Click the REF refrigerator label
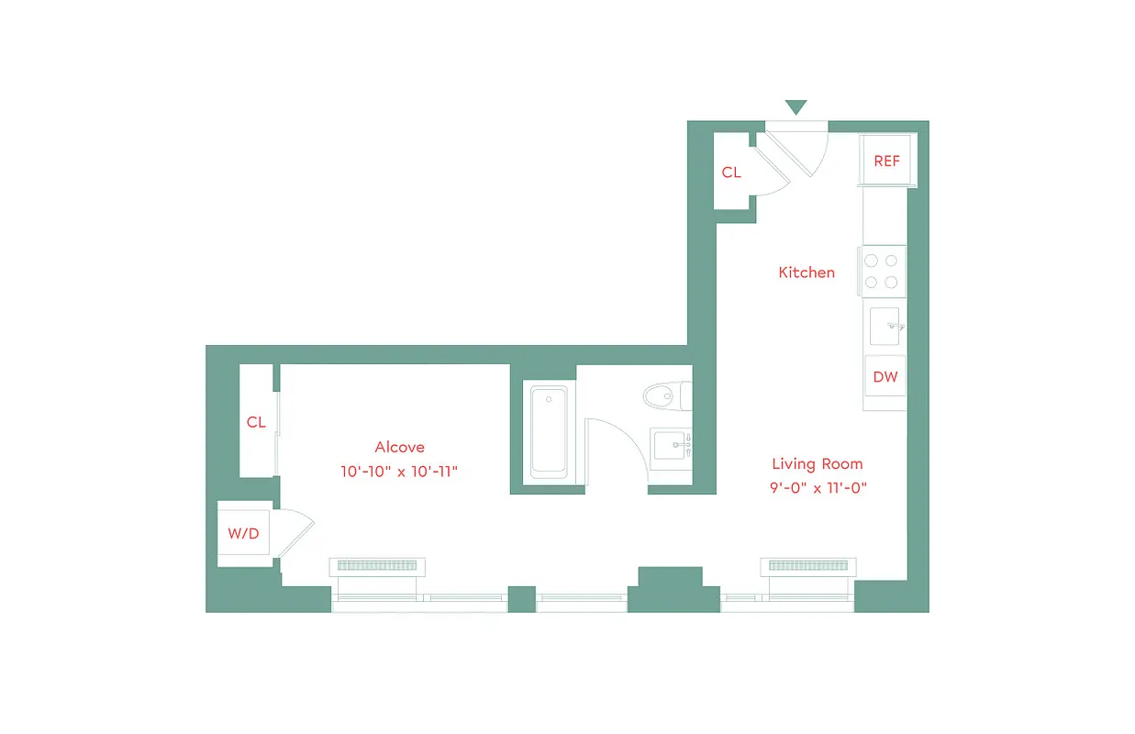tap(886, 161)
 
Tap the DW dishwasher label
tap(885, 377)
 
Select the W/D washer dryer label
tap(243, 534)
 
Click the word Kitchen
tap(807, 272)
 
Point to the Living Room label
tap(817, 464)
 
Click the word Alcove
tap(399, 448)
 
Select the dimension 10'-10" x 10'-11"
tap(398, 472)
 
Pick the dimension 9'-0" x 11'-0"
tap(818, 488)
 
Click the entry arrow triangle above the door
tap(796, 107)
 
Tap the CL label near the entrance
tap(731, 172)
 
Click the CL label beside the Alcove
tap(256, 423)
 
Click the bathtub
tap(549, 431)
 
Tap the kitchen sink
tap(885, 324)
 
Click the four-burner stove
tap(882, 272)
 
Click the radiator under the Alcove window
tap(378, 566)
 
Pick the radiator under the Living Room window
tap(807, 565)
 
